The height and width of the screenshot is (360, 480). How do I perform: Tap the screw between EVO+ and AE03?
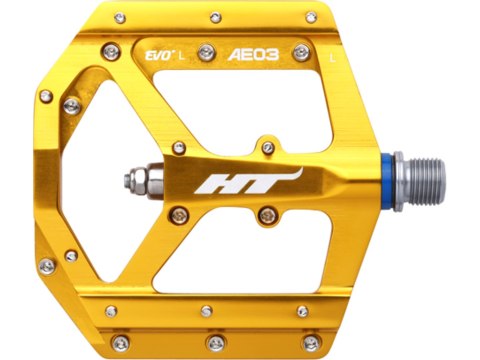tap(205, 53)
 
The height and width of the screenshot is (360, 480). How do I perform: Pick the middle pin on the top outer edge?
tap(214, 16)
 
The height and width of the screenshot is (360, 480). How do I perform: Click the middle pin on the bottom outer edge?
tap(216, 343)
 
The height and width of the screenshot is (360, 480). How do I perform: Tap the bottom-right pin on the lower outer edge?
tap(312, 343)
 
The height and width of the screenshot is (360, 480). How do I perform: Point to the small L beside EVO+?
tap(181, 56)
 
